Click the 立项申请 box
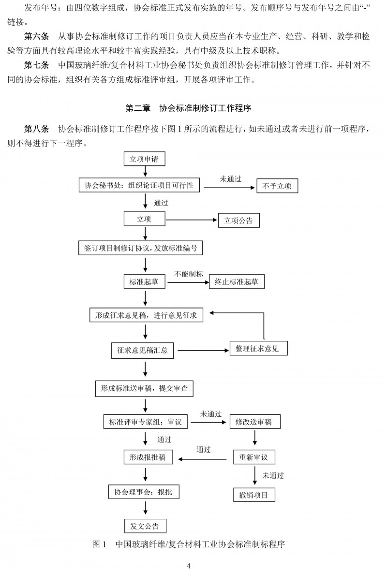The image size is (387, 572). click(144, 158)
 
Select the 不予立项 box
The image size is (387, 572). click(277, 186)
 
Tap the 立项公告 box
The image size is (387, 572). click(239, 220)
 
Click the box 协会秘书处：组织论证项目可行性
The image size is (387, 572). click(139, 185)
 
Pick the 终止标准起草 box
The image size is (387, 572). click(237, 282)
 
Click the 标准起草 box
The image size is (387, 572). click(144, 282)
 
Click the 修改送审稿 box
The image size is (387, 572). click(253, 422)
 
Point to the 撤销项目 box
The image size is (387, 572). click(253, 495)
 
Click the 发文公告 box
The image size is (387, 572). click(145, 526)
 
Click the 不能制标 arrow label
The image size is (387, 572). click(189, 273)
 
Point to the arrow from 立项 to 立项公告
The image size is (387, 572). click(191, 220)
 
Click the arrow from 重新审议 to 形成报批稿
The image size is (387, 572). click(203, 457)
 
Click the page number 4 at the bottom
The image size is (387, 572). click(189, 566)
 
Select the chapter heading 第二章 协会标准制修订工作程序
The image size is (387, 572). click(188, 108)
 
